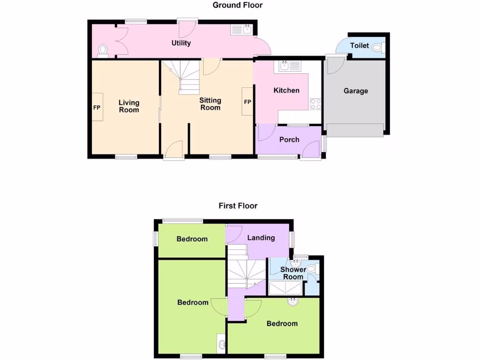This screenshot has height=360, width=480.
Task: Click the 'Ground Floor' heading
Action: (238, 5)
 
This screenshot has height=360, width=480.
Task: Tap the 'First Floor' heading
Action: (238, 206)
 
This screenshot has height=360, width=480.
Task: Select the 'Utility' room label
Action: (181, 43)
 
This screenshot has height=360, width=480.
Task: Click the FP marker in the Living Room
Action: (97, 107)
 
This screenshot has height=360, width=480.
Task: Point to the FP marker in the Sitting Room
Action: (247, 102)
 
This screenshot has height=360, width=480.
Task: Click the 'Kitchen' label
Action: (286, 90)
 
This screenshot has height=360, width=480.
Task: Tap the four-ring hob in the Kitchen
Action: (315, 104)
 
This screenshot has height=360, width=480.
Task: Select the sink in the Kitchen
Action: (289, 66)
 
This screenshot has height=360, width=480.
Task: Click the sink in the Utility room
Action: (242, 30)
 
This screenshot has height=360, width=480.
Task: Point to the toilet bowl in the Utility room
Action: (103, 50)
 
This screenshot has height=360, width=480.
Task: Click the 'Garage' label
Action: (356, 91)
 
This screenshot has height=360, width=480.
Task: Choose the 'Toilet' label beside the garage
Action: (360, 46)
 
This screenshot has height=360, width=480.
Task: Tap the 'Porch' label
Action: (289, 140)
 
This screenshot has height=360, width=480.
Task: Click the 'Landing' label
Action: (261, 238)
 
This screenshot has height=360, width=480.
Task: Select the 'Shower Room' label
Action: (293, 273)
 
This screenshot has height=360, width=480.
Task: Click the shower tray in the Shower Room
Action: (286, 288)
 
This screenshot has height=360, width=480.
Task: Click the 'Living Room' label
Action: (129, 106)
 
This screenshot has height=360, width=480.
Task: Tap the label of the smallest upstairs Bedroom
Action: (192, 239)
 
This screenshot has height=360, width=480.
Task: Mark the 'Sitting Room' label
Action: (210, 104)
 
